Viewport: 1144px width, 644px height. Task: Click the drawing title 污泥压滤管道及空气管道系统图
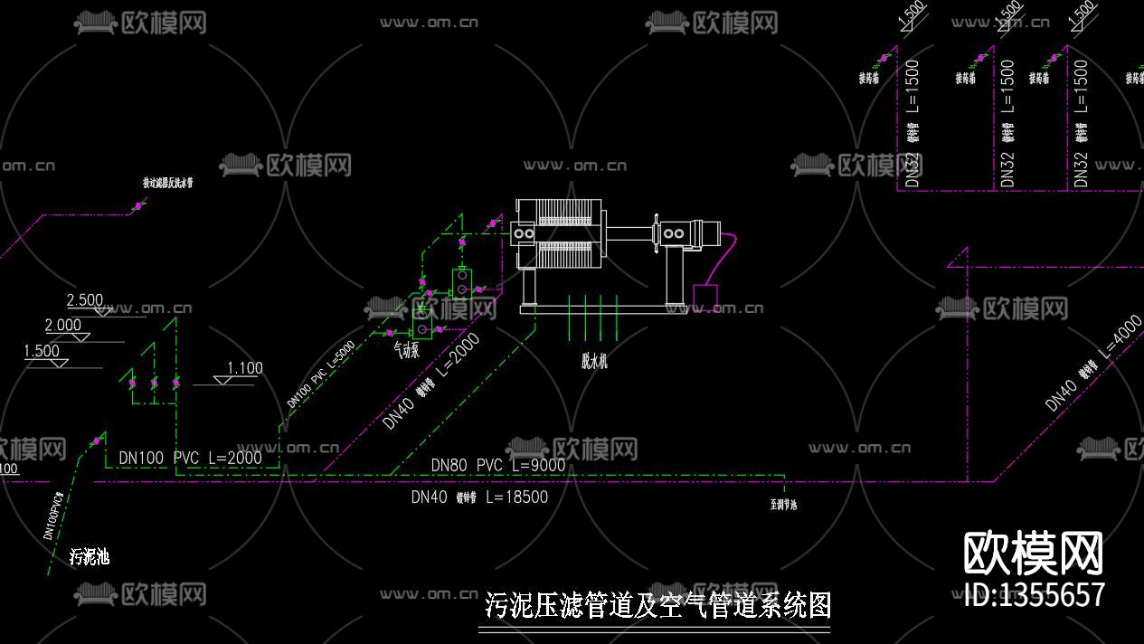(657, 604)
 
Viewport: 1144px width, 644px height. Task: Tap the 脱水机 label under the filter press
(594, 360)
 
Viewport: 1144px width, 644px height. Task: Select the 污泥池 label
(90, 556)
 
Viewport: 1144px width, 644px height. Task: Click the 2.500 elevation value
(85, 300)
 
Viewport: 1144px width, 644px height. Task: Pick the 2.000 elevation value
(63, 326)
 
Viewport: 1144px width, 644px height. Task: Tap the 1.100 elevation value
(244, 368)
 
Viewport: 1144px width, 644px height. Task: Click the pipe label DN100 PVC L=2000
(190, 459)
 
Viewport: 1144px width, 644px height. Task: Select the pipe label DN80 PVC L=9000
(497, 466)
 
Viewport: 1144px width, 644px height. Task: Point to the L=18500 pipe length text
(516, 497)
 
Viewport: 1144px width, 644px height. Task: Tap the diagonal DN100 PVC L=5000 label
(320, 374)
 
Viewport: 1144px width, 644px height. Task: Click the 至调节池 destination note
(783, 506)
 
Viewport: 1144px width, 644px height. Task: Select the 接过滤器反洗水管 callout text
(167, 183)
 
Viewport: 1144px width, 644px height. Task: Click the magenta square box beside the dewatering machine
(705, 296)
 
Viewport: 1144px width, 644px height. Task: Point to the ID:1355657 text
(1034, 594)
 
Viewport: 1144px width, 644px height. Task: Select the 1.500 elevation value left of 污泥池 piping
(42, 351)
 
